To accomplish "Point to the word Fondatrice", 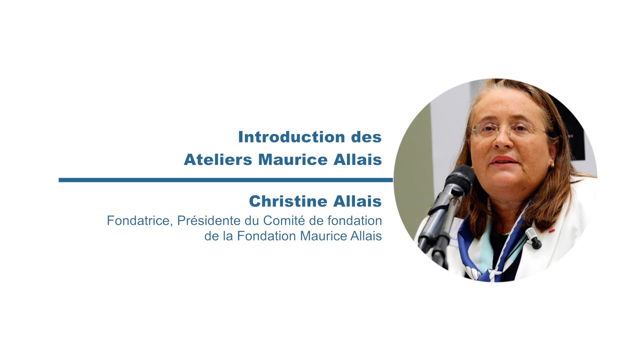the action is coord(139,221).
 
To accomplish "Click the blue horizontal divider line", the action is coord(226,180).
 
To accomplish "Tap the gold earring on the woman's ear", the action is coord(552,165).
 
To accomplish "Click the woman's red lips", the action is coord(504,161).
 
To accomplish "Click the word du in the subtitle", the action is coord(253,221).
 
